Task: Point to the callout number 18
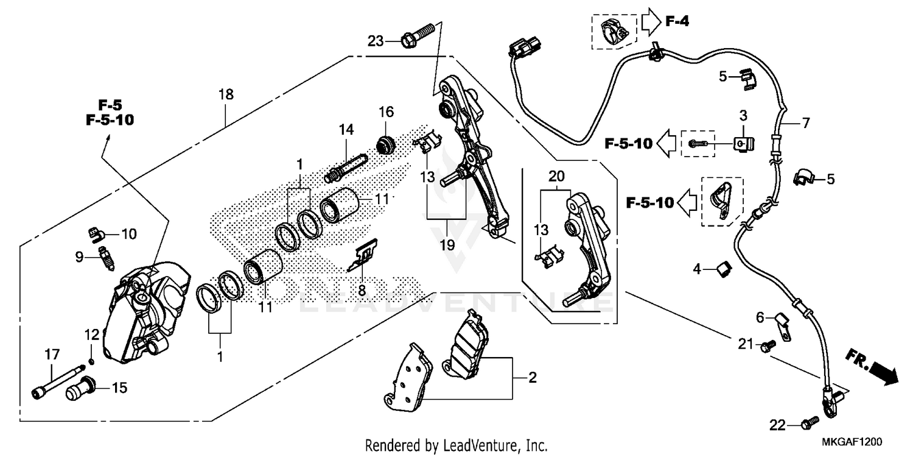click(x=226, y=94)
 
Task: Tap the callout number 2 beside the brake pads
click(x=532, y=378)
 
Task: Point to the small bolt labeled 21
click(x=766, y=345)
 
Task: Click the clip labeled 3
click(x=743, y=144)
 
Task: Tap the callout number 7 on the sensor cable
click(x=806, y=123)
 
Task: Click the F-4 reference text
click(x=677, y=23)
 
